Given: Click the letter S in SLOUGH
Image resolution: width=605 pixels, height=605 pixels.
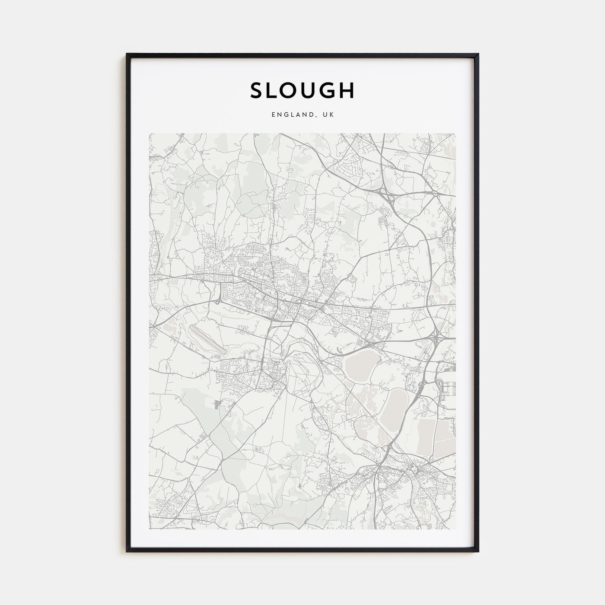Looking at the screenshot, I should (258, 90).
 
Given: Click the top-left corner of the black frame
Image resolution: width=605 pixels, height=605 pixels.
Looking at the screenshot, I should (127, 54).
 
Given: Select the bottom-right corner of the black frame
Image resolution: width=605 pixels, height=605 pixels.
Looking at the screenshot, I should (478, 551).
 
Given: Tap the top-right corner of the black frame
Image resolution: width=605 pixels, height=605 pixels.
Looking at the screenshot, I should (478, 54).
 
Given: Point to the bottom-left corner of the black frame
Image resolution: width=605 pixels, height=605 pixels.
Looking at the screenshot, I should (127, 551).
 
